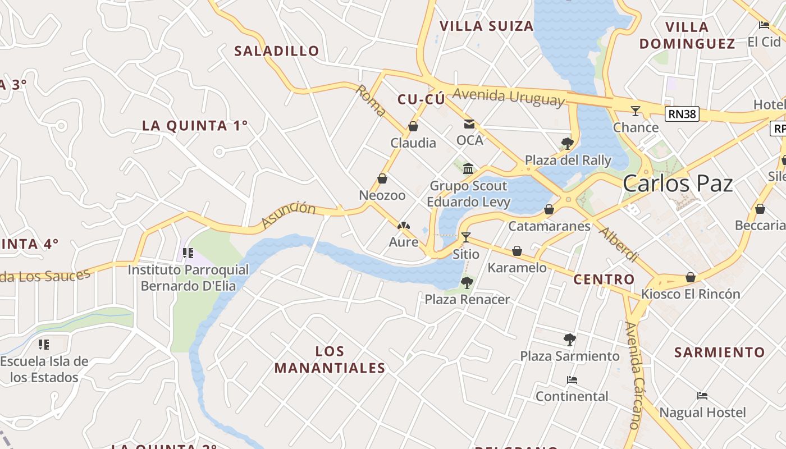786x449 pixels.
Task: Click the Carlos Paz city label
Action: pos(678,184)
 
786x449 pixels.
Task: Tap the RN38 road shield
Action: pos(682,114)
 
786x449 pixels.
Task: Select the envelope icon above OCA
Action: pos(469,124)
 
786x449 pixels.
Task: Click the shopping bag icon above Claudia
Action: pos(413,126)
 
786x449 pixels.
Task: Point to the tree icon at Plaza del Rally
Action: pos(567,144)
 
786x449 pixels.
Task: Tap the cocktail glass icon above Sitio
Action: pos(465,237)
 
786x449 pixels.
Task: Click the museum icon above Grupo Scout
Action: pos(468,168)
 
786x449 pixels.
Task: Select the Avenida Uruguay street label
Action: pos(508,97)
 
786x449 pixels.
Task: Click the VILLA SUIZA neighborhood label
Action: pos(486,26)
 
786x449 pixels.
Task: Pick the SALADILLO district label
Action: pos(277,51)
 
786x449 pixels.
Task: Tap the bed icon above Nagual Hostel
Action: pos(702,396)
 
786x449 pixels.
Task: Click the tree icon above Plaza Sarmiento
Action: pos(569,339)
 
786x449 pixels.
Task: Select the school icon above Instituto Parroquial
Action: pos(188,253)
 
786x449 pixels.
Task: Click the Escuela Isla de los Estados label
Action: pos(44,369)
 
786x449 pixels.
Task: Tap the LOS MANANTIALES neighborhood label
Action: pos(330,360)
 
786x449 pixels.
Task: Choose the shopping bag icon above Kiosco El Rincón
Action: pos(691,277)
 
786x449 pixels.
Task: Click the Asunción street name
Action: pos(289,215)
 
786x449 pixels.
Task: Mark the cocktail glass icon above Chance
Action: pos(636,111)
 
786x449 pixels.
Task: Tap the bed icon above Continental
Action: pos(572,380)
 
